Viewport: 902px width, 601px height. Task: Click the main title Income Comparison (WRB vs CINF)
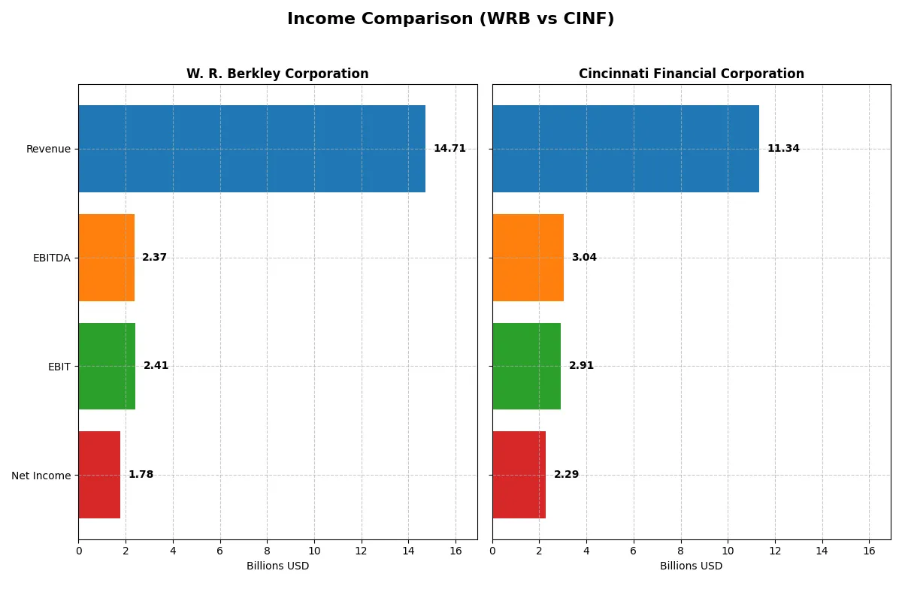coord(450,20)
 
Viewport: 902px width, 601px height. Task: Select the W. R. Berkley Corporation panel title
coord(277,74)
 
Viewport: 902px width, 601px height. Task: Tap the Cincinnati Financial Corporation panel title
coord(691,74)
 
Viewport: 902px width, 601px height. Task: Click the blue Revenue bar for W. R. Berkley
coord(252,149)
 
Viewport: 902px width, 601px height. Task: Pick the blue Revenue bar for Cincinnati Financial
coord(625,149)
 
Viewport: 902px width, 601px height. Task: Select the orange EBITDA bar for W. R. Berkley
coord(106,258)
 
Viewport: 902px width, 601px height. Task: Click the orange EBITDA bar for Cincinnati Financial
coord(528,258)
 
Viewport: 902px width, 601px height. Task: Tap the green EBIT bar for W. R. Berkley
coord(107,366)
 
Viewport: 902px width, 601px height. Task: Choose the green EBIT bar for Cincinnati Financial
coord(526,366)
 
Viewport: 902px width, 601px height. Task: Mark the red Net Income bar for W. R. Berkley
coord(99,475)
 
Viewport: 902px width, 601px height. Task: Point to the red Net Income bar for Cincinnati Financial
coord(519,475)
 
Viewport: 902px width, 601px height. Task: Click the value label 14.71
coord(449,149)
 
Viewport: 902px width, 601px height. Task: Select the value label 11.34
coord(783,149)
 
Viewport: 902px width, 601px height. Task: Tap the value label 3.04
coord(584,258)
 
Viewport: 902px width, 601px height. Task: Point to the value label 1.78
coord(141,475)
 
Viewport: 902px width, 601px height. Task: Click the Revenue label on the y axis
coord(48,149)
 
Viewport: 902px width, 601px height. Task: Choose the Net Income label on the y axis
coord(41,476)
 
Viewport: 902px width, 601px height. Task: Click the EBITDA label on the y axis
coord(51,258)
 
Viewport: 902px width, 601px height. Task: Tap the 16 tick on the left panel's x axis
coord(456,551)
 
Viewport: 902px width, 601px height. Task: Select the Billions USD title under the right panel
coord(691,566)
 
